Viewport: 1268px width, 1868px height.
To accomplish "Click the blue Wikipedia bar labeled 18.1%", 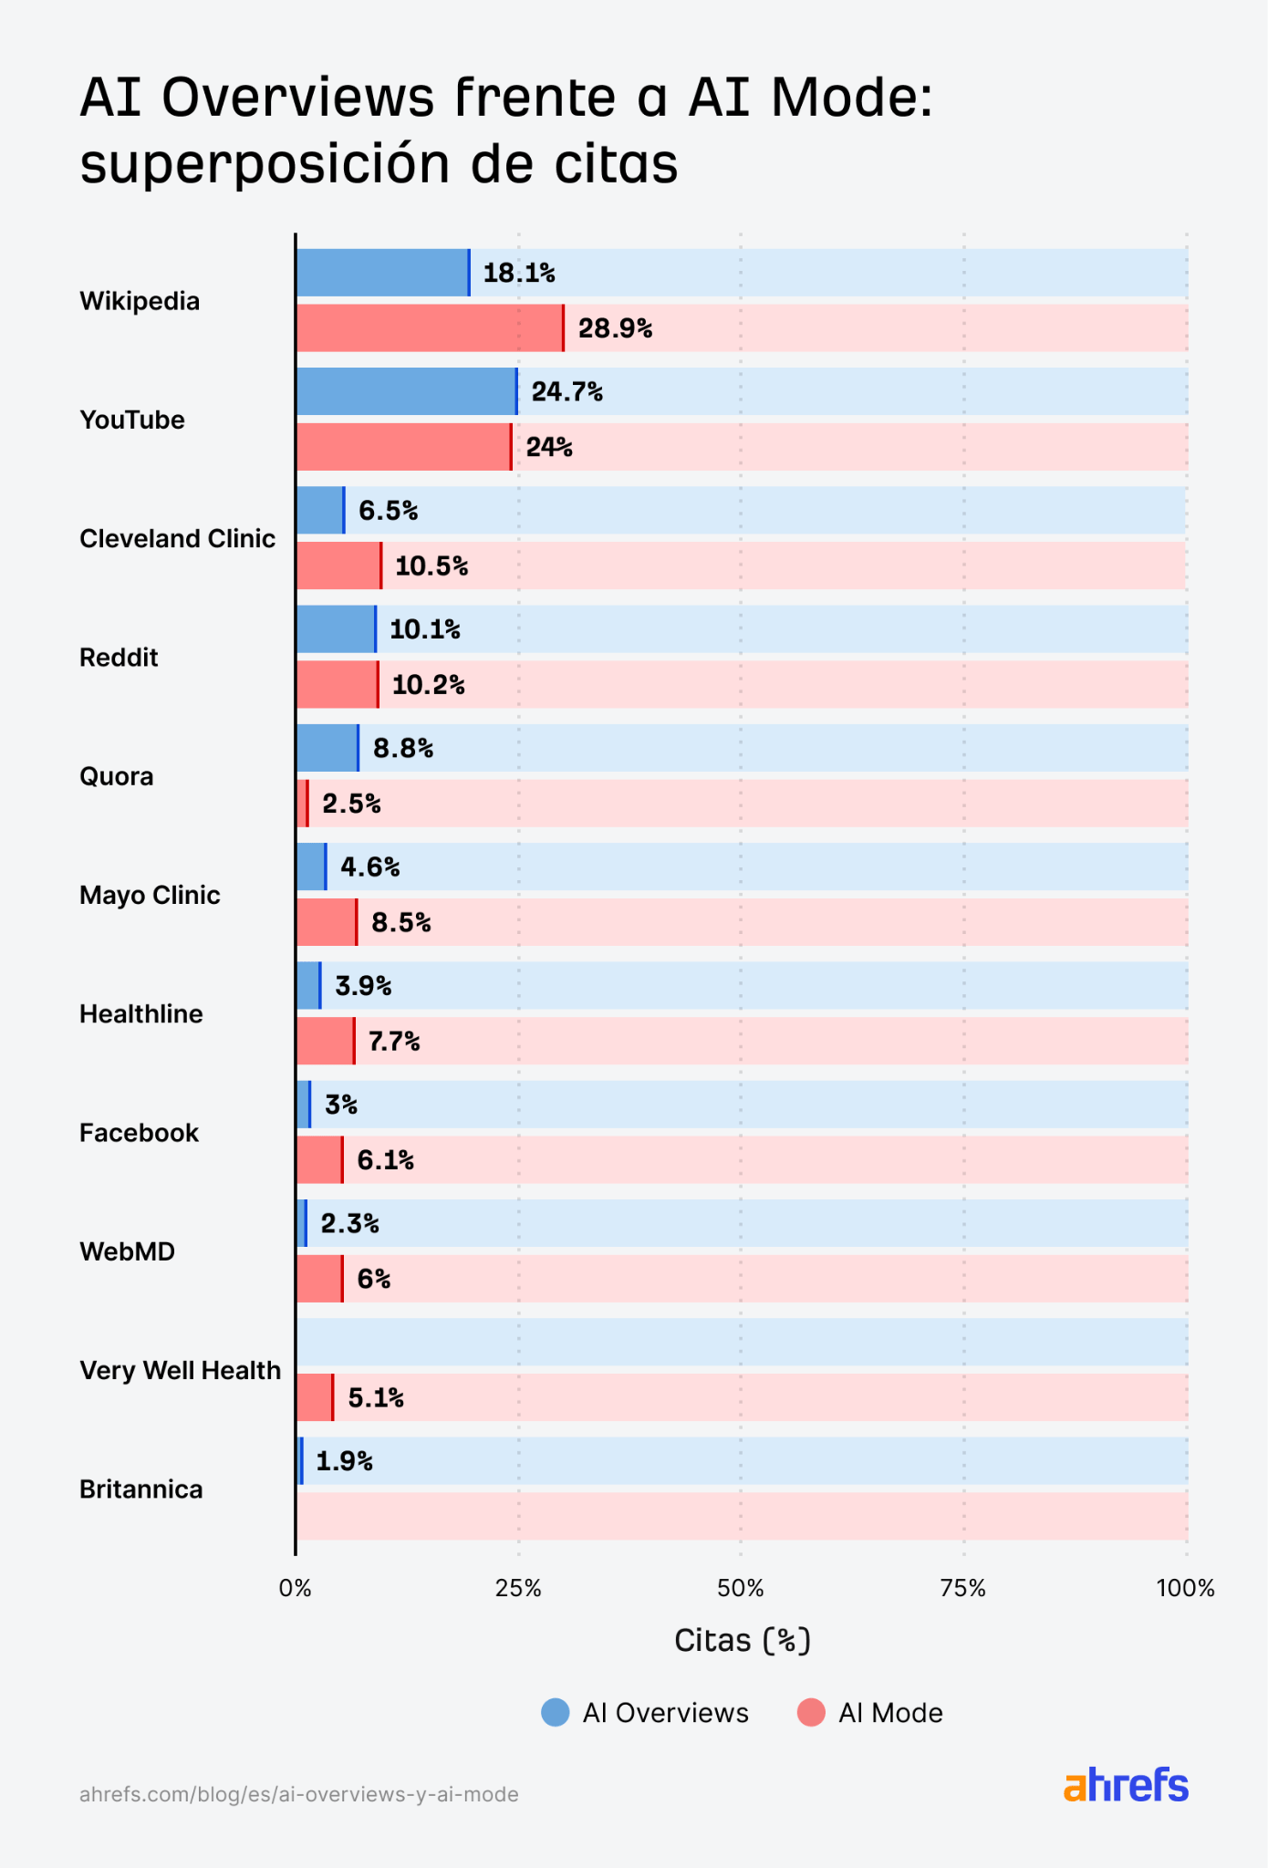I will pos(382,273).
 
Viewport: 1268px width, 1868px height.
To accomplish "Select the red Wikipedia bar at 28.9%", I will pos(429,328).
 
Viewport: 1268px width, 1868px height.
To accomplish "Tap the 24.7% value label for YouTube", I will pos(566,392).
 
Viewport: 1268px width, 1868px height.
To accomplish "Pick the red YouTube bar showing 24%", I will pos(402,447).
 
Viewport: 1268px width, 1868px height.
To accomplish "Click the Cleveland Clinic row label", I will pos(177,539).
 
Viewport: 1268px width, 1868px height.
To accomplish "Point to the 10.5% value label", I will pos(431,566).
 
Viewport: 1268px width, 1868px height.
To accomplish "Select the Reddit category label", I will pos(119,658).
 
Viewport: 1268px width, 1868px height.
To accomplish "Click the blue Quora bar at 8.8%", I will pos(327,748).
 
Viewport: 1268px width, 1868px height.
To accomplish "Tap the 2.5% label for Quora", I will pos(351,804).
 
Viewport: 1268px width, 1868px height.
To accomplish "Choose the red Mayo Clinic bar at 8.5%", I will pos(326,922).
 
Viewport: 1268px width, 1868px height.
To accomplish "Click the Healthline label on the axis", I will pos(140,1014).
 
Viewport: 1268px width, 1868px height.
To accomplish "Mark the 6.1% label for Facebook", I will pos(385,1160).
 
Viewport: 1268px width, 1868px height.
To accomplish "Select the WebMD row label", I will pos(127,1251).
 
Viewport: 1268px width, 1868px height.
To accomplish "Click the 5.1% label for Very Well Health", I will pos(375,1397).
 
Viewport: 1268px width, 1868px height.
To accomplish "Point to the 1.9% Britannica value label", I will pos(344,1461).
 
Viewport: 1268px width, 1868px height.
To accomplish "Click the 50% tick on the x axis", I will pos(740,1589).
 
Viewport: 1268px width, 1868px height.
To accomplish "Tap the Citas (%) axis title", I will pos(742,1641).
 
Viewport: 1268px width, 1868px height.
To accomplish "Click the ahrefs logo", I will pos(1126,1785).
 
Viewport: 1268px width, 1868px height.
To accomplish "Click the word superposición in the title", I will pos(265,164).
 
